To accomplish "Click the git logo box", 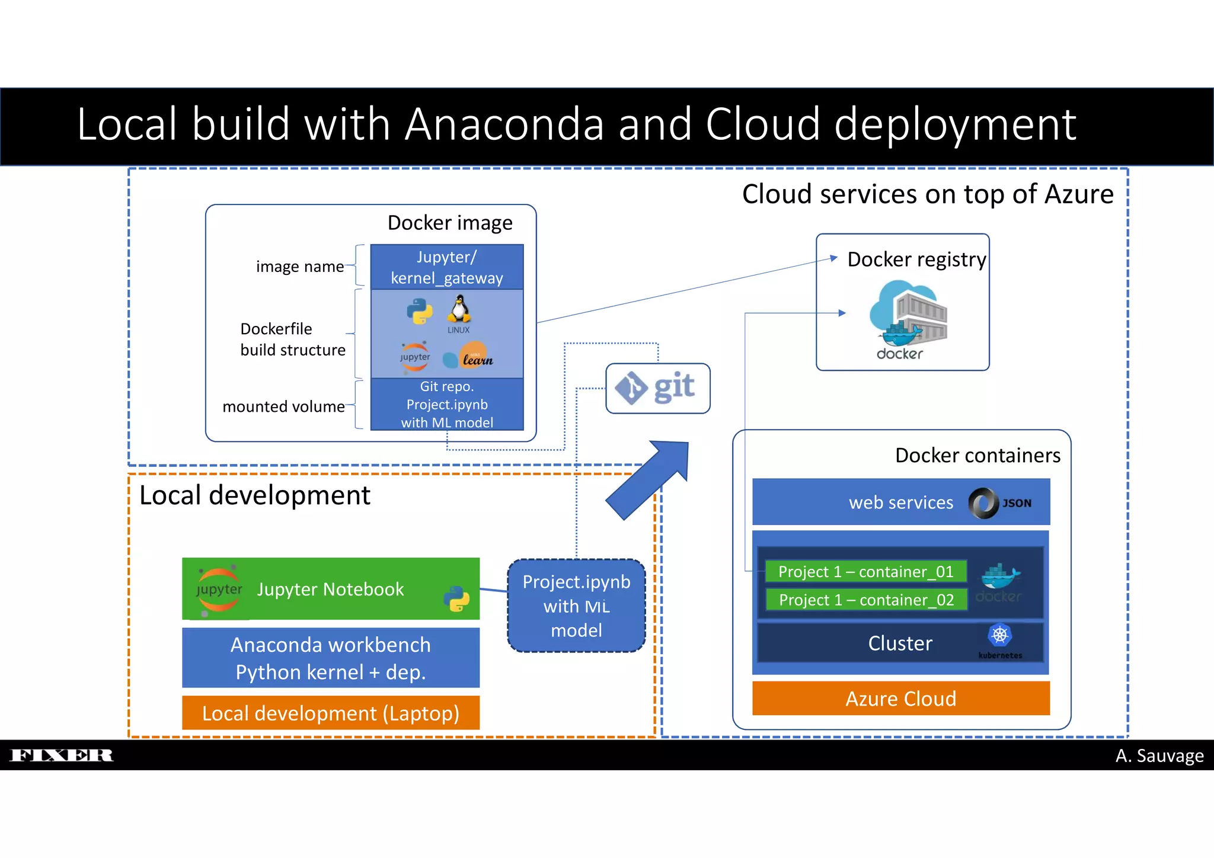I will pyautogui.click(x=657, y=388).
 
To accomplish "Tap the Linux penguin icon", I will pyautogui.click(x=459, y=309).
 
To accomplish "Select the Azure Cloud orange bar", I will pyautogui.click(x=900, y=698).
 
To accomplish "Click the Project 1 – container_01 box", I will pyautogui.click(x=865, y=571).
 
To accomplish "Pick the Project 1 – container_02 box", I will pyautogui.click(x=865, y=600).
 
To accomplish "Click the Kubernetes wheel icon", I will pyautogui.click(x=1000, y=635).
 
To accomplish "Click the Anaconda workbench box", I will pyautogui.click(x=330, y=658).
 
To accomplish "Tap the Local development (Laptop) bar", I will pyautogui.click(x=330, y=713).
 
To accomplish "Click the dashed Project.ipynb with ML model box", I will pyautogui.click(x=576, y=606).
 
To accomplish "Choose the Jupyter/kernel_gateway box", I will pyautogui.click(x=447, y=267).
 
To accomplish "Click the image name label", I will pyautogui.click(x=299, y=267).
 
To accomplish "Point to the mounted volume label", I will pyautogui.click(x=283, y=406).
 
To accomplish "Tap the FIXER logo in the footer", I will pyautogui.click(x=62, y=755).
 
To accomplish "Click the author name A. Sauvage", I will pyautogui.click(x=1159, y=755).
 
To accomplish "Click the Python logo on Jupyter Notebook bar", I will pyautogui.click(x=456, y=599).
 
